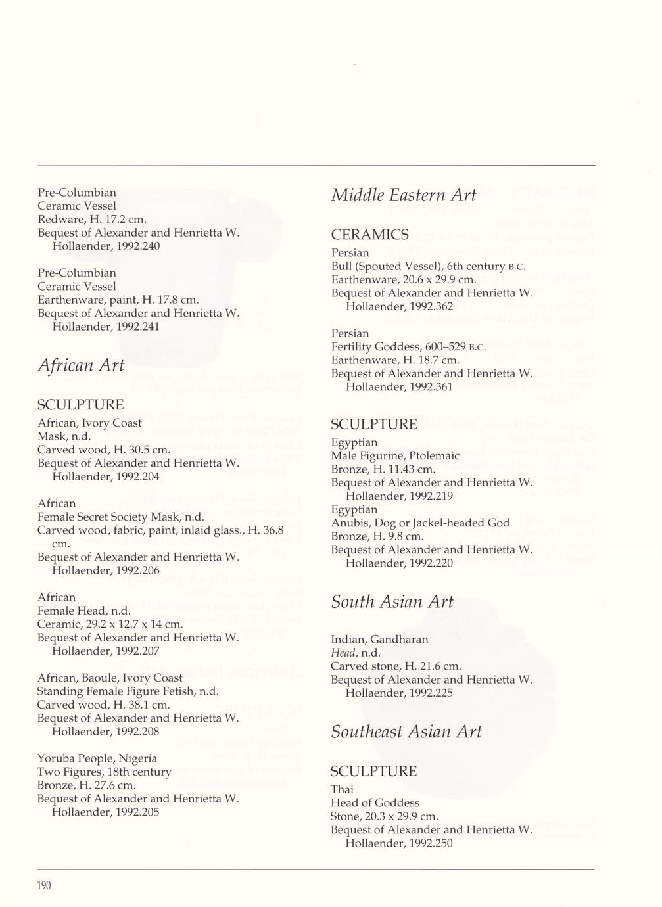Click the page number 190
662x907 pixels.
[43, 885]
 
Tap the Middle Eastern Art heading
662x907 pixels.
[403, 195]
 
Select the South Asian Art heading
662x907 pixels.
[392, 602]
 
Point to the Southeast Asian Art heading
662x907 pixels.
[406, 732]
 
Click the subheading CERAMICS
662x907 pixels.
[369, 235]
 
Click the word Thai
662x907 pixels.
[341, 789]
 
